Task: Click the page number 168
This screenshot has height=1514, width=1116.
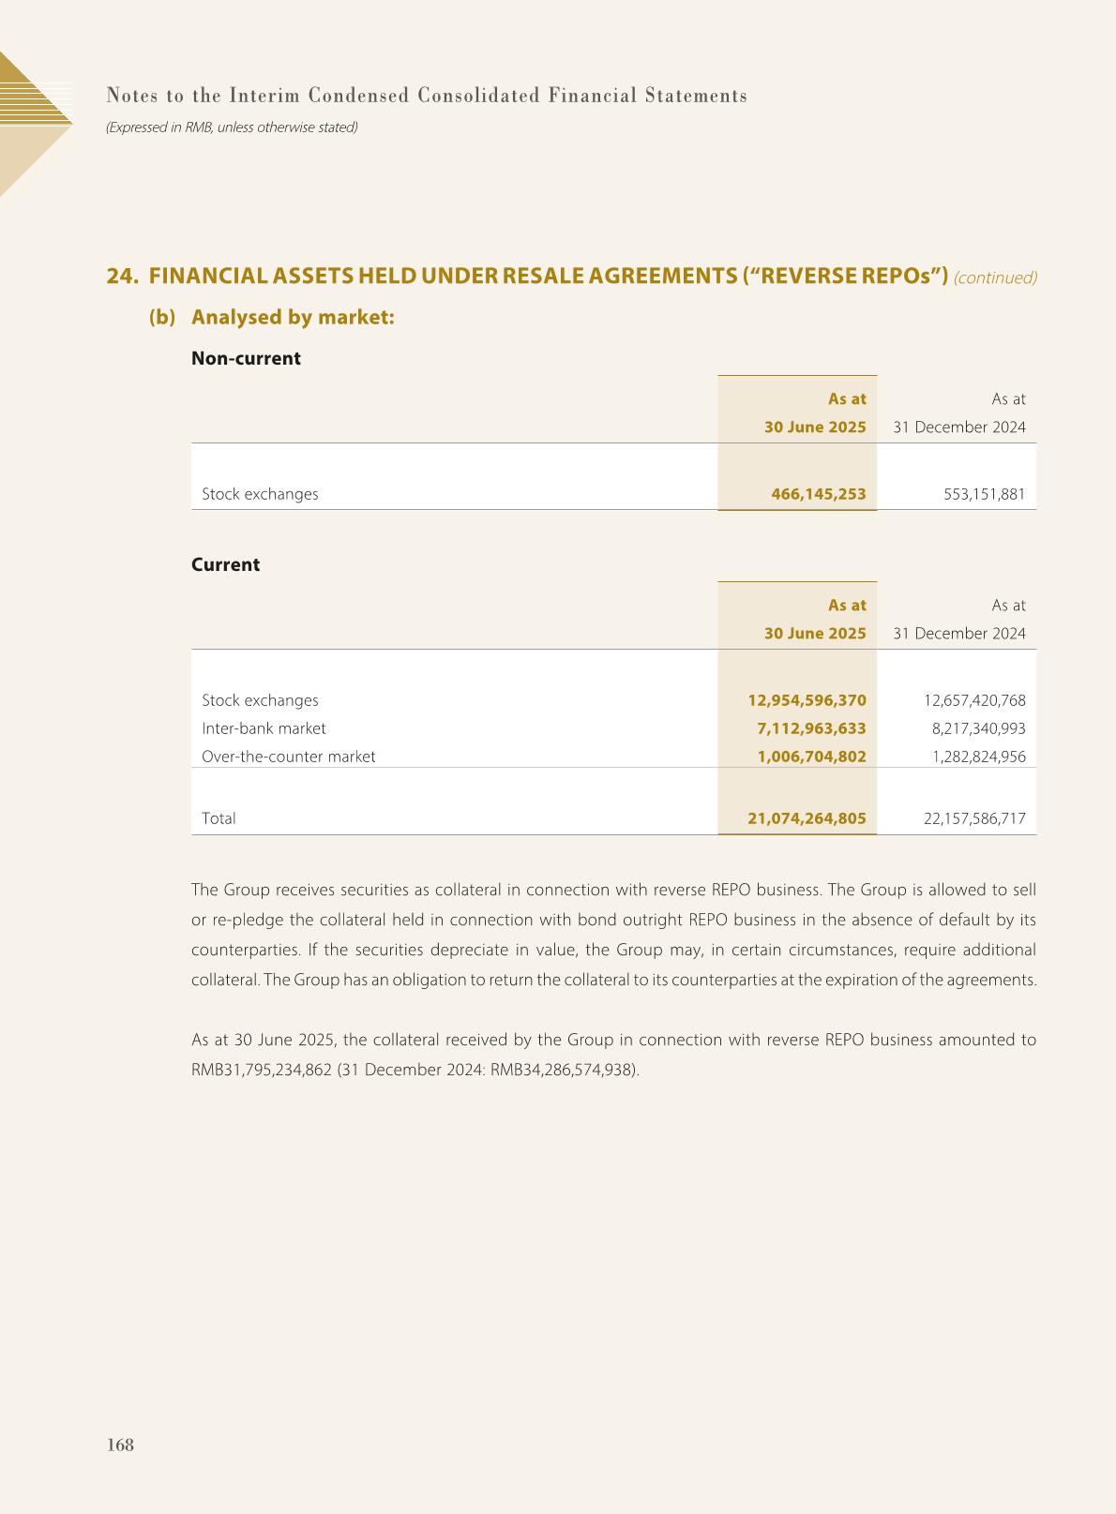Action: pos(121,1445)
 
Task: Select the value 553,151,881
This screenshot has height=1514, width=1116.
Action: pos(984,494)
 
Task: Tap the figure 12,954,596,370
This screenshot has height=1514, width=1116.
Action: pos(807,700)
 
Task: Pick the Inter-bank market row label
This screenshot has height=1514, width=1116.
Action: pos(264,728)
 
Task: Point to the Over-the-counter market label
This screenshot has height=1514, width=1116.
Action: pos(288,757)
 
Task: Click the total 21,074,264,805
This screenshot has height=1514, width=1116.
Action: pos(807,818)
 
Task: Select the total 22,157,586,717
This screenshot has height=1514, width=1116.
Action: pos(974,818)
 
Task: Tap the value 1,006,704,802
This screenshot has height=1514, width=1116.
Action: pos(811,757)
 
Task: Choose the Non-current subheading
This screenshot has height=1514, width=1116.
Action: pos(246,358)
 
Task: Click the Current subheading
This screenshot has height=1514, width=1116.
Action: pos(225,564)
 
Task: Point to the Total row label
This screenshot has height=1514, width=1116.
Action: pos(219,818)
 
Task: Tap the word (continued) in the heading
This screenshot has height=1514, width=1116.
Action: pos(995,277)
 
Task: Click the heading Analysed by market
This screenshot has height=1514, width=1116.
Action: pos(293,317)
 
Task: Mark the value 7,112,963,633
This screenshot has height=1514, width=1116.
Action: pos(811,728)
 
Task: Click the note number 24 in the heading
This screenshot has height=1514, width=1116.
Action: pos(120,277)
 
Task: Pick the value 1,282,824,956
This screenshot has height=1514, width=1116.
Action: pos(978,757)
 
